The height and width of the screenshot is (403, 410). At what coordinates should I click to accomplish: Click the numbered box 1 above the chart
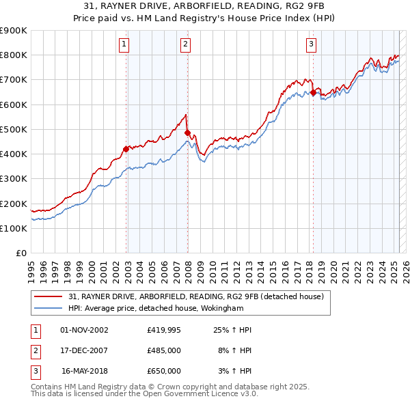click(x=124, y=45)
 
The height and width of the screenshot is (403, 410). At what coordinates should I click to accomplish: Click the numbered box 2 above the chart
click(x=186, y=45)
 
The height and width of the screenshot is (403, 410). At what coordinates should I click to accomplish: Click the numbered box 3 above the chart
click(x=311, y=45)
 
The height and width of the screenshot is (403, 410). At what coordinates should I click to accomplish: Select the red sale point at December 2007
click(x=188, y=133)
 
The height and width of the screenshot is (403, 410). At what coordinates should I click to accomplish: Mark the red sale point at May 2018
click(x=313, y=92)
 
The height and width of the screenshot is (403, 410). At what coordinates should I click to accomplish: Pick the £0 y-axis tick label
click(x=22, y=253)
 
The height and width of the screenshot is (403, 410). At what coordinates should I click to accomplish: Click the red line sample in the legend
click(x=48, y=296)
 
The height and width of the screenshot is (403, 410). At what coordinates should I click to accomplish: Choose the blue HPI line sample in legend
click(x=48, y=308)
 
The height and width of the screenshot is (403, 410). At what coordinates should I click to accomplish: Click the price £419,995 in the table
click(x=164, y=331)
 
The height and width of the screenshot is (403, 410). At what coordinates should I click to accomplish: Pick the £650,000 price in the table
click(x=164, y=371)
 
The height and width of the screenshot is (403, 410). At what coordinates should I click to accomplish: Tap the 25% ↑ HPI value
click(x=233, y=331)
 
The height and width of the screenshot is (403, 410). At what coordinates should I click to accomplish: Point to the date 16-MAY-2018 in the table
click(x=85, y=371)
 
